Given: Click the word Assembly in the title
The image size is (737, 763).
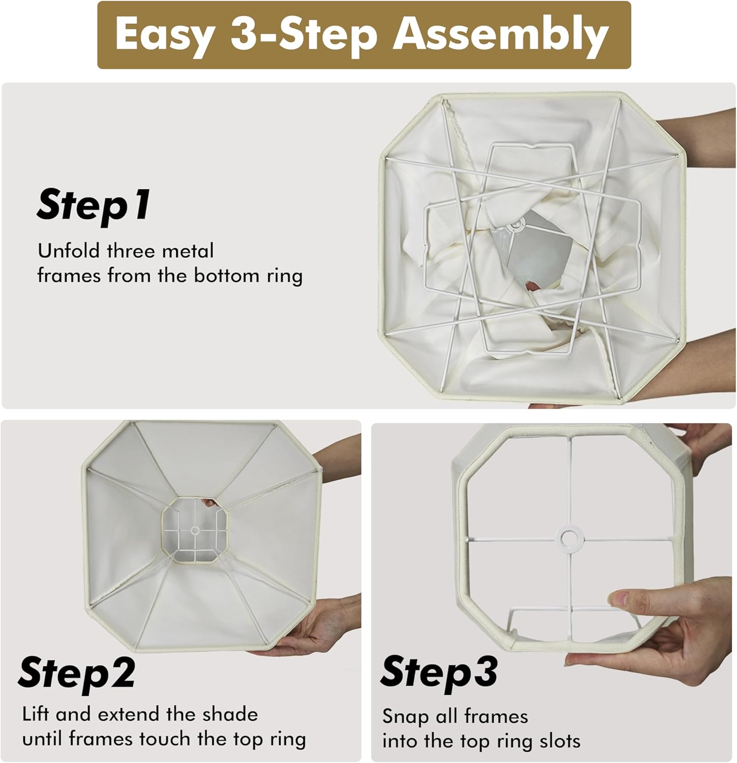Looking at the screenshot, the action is (500, 34).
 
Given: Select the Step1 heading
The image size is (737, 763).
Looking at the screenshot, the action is (94, 205).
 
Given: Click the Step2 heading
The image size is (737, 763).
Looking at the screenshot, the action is (76, 673).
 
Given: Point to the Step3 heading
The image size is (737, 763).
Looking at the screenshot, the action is (439, 673).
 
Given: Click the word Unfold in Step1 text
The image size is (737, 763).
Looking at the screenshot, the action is (69, 251).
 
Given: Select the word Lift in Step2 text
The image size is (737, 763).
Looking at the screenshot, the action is (36, 714).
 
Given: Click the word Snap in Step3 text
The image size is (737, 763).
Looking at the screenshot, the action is (405, 717).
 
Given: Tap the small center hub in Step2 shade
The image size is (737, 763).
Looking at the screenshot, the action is (194, 531).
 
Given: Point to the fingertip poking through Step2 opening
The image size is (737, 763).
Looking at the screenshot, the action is (209, 503).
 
